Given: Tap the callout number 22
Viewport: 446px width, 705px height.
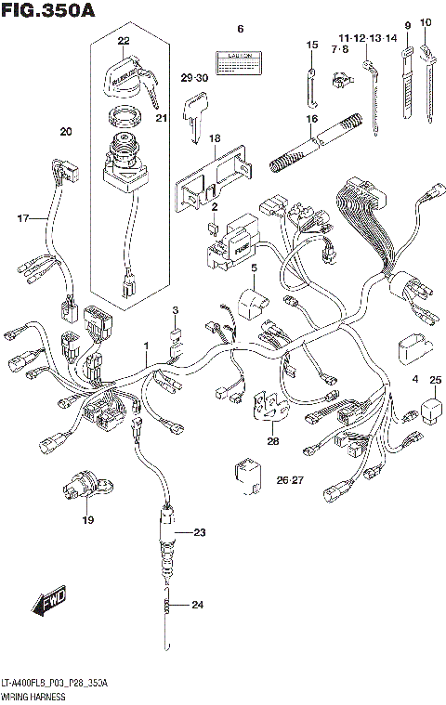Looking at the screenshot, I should [124, 40].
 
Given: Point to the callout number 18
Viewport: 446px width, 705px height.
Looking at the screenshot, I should [214, 138].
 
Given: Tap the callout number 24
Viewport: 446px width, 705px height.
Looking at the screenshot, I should [196, 606].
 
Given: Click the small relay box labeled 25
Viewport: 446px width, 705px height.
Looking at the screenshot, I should [431, 408].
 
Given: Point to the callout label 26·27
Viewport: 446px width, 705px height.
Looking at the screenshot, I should [290, 479].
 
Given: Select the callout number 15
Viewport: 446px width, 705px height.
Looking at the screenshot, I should [312, 45].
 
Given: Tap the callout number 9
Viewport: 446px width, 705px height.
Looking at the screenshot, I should [407, 24].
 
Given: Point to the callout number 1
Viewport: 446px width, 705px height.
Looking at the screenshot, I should [145, 346].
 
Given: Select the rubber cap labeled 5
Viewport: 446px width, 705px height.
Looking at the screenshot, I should [252, 301].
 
